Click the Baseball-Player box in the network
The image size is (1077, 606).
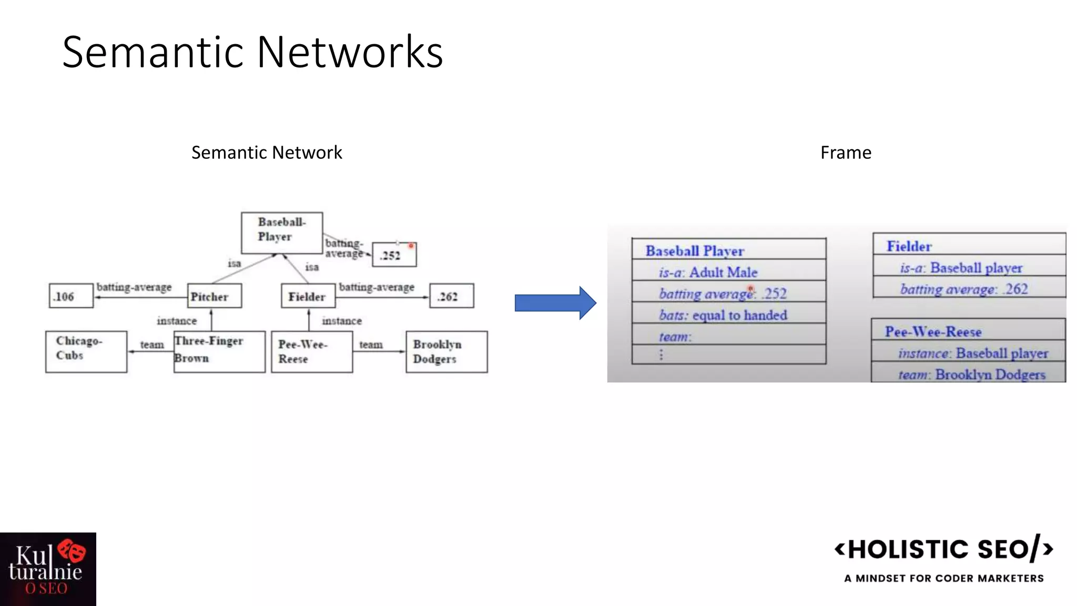[x=281, y=233]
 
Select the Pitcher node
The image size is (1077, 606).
[x=214, y=296]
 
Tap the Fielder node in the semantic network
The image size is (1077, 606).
[x=308, y=296]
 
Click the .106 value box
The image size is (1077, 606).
[x=70, y=296]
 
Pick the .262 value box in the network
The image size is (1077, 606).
[x=451, y=296]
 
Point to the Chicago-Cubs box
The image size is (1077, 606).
[x=86, y=351]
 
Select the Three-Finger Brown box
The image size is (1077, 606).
[x=219, y=351]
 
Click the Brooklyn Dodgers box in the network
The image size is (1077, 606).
[x=446, y=351]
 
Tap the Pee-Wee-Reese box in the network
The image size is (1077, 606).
[x=311, y=351]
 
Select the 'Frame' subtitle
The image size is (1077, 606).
[x=846, y=153]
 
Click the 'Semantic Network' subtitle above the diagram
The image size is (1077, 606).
[x=267, y=153]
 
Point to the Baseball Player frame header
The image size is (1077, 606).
[x=728, y=250]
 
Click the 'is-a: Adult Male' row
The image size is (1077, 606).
[x=728, y=272]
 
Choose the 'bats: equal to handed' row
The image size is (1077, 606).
[x=728, y=315]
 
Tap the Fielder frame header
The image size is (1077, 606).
[x=969, y=246]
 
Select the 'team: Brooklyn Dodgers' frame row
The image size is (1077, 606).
[x=969, y=374]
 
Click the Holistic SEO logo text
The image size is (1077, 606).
[x=944, y=550]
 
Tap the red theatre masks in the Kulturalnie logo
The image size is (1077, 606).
[x=72, y=551]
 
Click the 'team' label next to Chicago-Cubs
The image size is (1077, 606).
[x=151, y=345]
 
